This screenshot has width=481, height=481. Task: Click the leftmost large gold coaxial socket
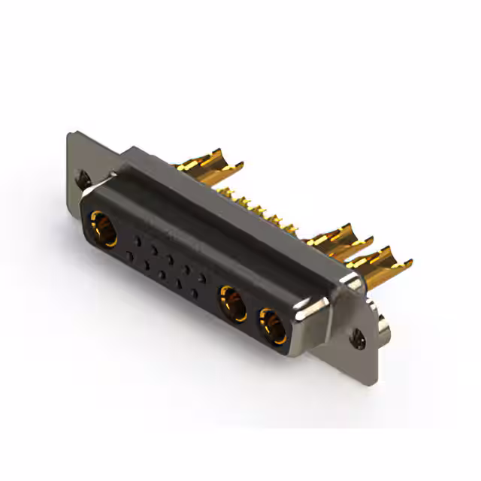coord(104,229)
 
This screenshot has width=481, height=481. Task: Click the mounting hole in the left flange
coord(85,180)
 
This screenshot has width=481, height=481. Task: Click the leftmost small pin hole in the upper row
coord(138,241)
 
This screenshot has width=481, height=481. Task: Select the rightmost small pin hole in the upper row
coord(202,277)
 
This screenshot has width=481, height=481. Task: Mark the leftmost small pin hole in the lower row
coord(129,256)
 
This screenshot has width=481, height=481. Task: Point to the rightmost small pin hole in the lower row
coord(194,292)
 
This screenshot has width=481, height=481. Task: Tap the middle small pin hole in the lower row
coord(162,274)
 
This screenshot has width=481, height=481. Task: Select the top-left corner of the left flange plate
coord(69,135)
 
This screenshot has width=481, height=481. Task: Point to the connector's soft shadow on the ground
coord(225,353)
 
